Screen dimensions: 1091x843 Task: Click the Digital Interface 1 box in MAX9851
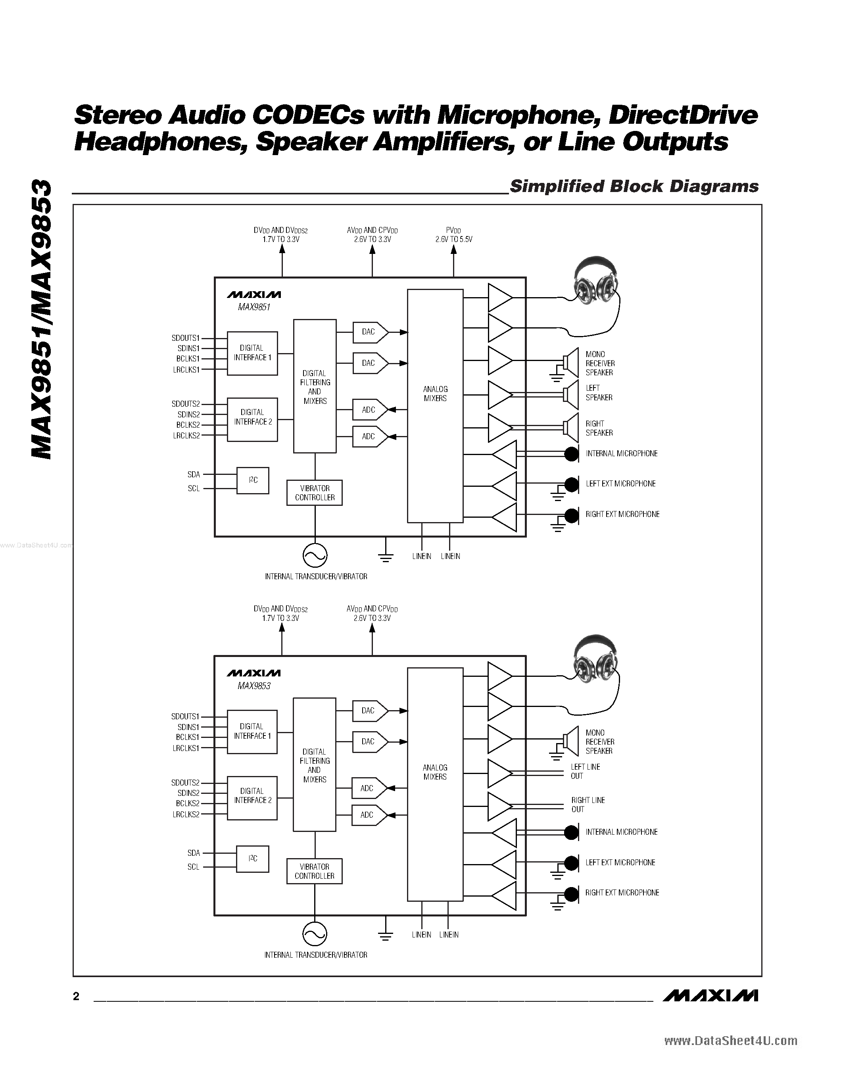252,353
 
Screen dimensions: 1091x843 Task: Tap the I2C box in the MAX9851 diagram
253,480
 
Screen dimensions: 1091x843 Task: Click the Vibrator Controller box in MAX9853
314,871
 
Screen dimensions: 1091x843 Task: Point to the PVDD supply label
453,235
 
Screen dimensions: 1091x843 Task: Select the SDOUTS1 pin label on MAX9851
185,338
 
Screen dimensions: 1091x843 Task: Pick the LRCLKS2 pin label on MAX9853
186,814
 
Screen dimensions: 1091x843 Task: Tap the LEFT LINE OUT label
585,771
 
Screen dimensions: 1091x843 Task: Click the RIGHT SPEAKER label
599,428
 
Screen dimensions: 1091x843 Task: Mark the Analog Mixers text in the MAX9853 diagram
435,772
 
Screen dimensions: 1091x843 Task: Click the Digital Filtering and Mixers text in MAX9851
315,387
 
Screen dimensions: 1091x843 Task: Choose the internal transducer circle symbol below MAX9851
315,555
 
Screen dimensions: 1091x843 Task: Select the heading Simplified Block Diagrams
634,186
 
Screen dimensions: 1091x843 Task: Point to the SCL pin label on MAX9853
193,867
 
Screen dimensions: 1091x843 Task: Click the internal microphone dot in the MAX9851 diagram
571,453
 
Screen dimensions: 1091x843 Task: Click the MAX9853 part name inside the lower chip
254,686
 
